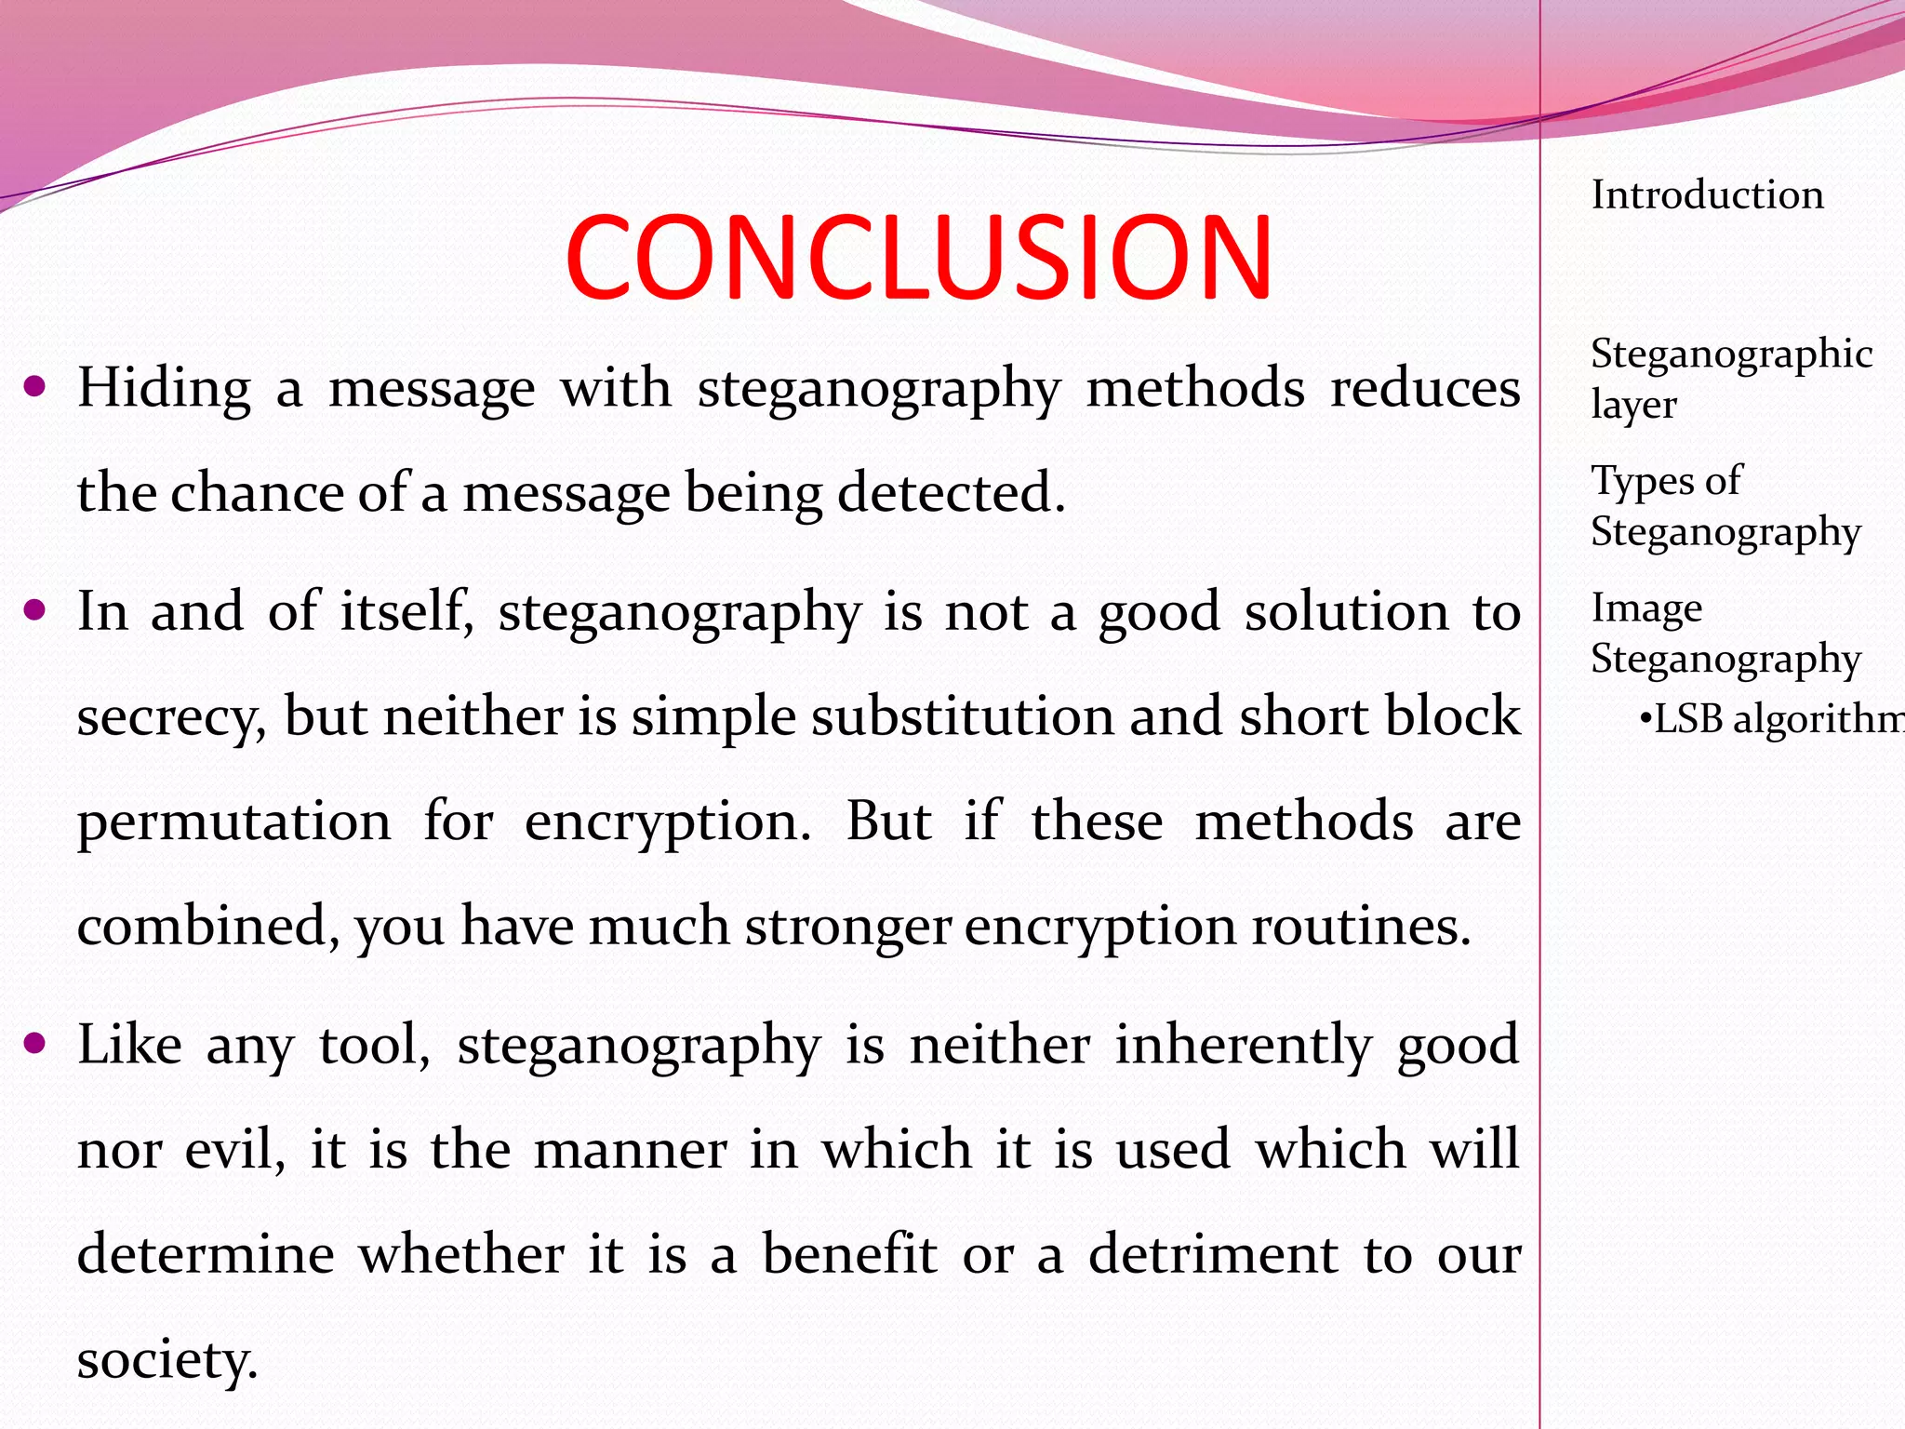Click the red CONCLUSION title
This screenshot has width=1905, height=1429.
click(x=918, y=257)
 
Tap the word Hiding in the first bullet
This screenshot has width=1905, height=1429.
click(x=164, y=387)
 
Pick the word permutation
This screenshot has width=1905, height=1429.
click(x=233, y=822)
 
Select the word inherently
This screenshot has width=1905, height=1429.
click(x=1244, y=1045)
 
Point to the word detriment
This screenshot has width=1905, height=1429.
click(x=1213, y=1254)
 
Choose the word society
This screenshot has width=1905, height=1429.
click(x=167, y=1360)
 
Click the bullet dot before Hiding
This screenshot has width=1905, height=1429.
click(x=35, y=386)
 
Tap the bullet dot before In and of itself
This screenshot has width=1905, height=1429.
click(x=35, y=611)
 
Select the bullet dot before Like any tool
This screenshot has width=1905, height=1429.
click(x=35, y=1044)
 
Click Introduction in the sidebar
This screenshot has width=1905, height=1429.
click(x=1707, y=195)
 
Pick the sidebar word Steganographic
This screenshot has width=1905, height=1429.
click(x=1731, y=354)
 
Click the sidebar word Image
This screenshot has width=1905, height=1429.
click(x=1646, y=608)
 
